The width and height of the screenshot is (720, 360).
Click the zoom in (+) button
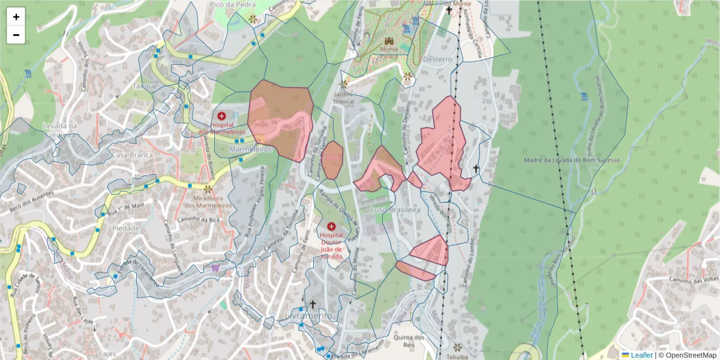pyautogui.click(x=16, y=17)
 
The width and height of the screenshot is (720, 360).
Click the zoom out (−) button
pyautogui.click(x=16, y=35)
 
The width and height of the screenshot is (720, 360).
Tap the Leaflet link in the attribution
pyautogui.click(x=641, y=355)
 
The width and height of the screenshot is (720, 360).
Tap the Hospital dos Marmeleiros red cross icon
pyautogui.click(x=221, y=116)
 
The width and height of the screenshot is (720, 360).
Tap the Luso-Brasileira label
pyautogui.click(x=395, y=210)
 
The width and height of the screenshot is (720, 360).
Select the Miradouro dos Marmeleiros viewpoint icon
pyautogui.click(x=208, y=188)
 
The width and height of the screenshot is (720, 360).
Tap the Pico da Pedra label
pyautogui.click(x=224, y=4)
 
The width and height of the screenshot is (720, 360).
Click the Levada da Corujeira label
pyautogui.click(x=60, y=130)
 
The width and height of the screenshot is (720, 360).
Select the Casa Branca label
pyautogui.click(x=133, y=155)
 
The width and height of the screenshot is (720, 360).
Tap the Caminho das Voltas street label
pyautogui.click(x=689, y=280)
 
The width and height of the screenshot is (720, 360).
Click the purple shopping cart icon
pyautogui.click(x=215, y=268)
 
